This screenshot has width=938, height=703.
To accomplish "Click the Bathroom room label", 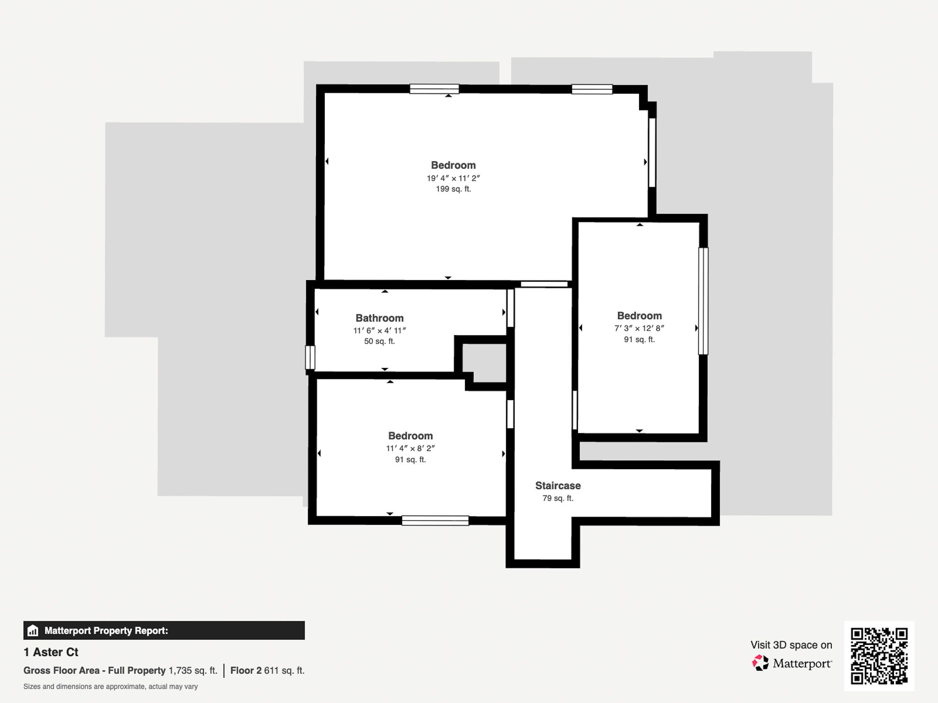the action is tap(380, 318).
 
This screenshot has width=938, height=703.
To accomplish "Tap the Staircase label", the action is tap(558, 486).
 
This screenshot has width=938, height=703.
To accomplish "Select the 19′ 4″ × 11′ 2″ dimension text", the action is tap(453, 178).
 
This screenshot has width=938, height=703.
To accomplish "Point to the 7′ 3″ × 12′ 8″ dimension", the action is tap(639, 328).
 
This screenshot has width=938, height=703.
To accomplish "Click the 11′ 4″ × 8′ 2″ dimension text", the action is tap(410, 449).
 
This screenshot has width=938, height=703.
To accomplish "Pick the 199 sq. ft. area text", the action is tap(453, 189).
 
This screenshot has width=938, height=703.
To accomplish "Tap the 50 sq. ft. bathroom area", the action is tap(380, 341).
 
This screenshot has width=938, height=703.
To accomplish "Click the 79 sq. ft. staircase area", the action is tap(558, 498).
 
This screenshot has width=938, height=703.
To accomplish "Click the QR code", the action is tap(879, 656).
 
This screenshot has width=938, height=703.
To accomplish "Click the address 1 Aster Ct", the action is tap(51, 652).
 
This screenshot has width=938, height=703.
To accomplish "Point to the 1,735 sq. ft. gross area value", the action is tap(193, 671).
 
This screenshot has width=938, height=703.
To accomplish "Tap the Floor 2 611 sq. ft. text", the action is tap(267, 671).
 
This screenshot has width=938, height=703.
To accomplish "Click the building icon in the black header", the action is tap(33, 631).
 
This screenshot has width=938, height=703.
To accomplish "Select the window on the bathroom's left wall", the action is tap(310, 357).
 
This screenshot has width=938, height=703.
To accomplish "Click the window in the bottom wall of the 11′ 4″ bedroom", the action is tap(435, 520).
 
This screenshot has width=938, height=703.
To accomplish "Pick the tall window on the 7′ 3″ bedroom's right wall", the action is tap(703, 301).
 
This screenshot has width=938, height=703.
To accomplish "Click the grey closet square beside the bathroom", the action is tap(484, 363).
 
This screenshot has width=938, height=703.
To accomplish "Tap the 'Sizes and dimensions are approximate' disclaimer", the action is tap(110, 687).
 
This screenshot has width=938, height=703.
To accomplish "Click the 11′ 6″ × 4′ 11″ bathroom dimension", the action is tap(380, 330).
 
